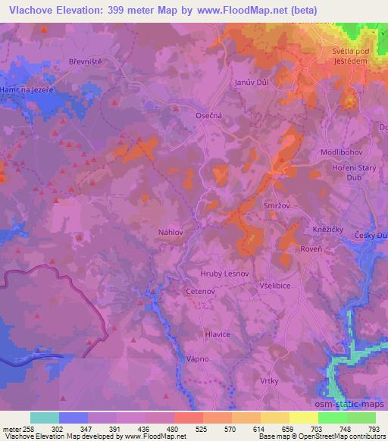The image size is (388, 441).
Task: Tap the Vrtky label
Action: (x=283, y=382)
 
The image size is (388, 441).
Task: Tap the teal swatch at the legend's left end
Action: (x=45, y=418)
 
